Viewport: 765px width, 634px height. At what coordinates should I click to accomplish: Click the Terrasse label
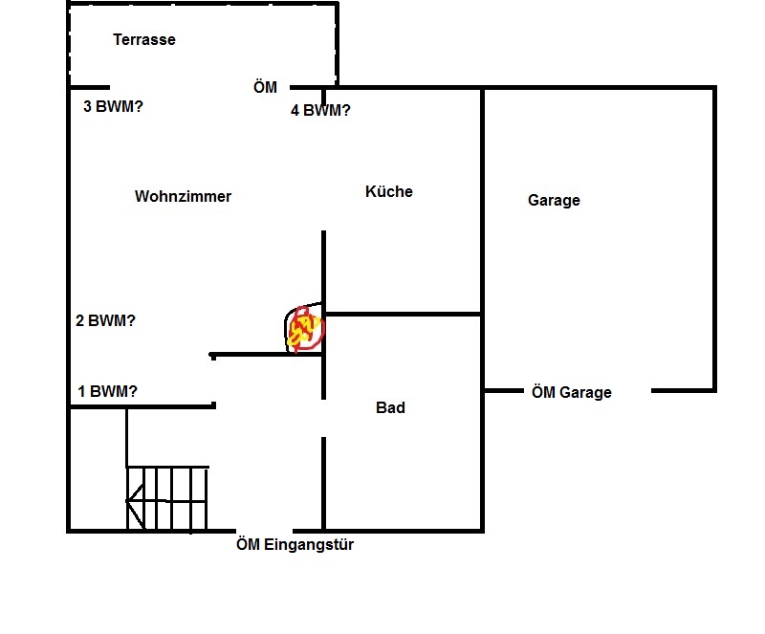coord(144,40)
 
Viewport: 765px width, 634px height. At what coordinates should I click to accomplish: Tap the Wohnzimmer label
coord(183,196)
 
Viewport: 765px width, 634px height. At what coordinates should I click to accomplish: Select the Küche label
coord(389,191)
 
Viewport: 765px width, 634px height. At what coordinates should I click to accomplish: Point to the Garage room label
coord(554,201)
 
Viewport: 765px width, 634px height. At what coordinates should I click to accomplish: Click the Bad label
coord(390,407)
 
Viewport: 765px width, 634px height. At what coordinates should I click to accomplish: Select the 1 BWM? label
coord(107,391)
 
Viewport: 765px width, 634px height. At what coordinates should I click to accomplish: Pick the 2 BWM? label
coord(105,321)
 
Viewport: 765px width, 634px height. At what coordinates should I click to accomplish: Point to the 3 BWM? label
coord(114,106)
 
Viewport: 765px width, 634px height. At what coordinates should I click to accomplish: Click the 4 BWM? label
coord(320,110)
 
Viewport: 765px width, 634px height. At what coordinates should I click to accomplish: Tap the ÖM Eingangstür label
coord(295,545)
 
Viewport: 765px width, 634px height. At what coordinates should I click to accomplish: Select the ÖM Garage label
coord(571,392)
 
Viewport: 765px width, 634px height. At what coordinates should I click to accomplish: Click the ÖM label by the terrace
coord(265,87)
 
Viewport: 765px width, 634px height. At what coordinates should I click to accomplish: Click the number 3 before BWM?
coord(88,106)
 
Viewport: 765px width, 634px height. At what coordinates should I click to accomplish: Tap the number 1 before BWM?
coord(82,391)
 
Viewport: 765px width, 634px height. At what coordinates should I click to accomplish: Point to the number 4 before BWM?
coord(295,110)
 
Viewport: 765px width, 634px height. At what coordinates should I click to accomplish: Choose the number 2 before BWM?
coord(80,321)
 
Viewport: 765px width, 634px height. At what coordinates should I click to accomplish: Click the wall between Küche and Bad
coord(402,314)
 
